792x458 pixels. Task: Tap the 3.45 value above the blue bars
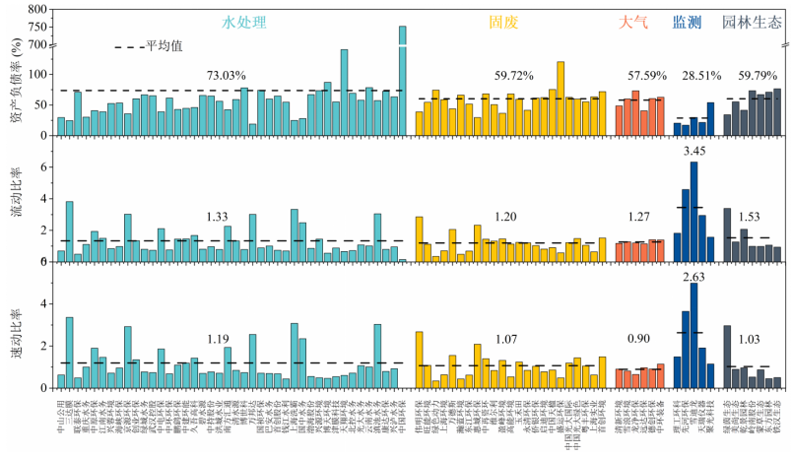[693, 151]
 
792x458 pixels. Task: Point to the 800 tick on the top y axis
[36, 10]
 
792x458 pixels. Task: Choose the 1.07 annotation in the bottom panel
[508, 339]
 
